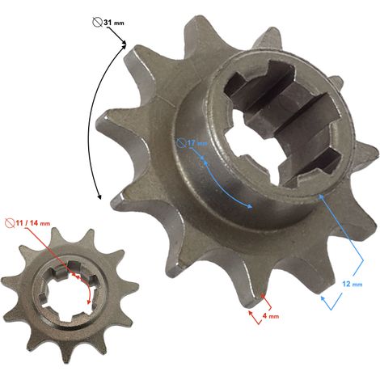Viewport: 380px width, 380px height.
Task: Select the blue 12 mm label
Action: pos(353,284)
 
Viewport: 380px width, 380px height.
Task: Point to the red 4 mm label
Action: pos(271,316)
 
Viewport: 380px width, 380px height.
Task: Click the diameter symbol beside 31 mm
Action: pos(97,22)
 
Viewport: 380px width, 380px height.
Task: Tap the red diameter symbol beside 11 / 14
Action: pos(10,223)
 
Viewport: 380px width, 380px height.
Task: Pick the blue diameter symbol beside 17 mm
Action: pos(182,143)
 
